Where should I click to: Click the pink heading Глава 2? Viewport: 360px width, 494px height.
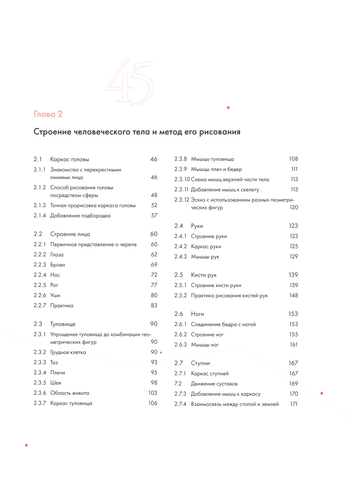(48, 115)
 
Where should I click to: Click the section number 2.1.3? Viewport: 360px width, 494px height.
(40, 205)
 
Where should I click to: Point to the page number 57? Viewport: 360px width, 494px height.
(154, 215)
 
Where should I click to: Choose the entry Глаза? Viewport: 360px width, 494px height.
(57, 254)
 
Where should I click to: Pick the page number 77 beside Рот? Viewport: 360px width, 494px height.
(154, 285)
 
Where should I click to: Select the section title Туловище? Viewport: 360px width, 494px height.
(63, 324)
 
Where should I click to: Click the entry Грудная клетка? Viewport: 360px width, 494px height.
(68, 352)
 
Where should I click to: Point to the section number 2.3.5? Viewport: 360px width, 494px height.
(40, 382)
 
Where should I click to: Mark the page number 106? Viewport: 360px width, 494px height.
(153, 403)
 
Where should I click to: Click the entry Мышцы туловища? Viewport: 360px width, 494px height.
(212, 159)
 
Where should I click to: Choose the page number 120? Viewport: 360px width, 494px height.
(293, 208)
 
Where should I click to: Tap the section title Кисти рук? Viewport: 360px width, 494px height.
(203, 275)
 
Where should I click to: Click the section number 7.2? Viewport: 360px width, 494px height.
(178, 383)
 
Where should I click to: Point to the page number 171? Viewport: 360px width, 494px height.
(294, 404)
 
